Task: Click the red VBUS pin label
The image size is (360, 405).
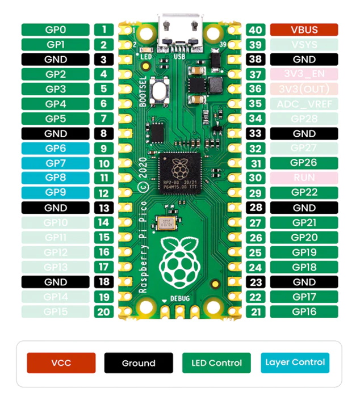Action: tap(304, 29)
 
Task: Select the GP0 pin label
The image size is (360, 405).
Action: tap(56, 29)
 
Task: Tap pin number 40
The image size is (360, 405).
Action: tap(256, 29)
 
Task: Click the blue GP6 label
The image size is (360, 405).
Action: tap(56, 148)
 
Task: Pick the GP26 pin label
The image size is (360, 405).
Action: tap(304, 163)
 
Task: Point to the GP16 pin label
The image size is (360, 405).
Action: tap(304, 311)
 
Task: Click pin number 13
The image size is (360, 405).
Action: tap(103, 208)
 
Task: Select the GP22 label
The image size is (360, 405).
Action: tap(304, 193)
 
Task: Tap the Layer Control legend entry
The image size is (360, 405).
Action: tap(295, 362)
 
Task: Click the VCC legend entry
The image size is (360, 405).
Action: tap(61, 363)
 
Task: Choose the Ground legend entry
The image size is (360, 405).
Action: tap(138, 363)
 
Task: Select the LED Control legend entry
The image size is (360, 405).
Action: tap(216, 363)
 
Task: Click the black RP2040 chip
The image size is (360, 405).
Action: tap(179, 172)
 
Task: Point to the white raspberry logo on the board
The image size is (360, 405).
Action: tap(179, 260)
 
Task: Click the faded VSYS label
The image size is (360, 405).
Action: tap(304, 44)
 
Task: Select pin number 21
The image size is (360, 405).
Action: tap(256, 311)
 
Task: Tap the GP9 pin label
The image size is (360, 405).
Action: tap(56, 193)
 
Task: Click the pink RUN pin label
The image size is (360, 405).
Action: tap(304, 178)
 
